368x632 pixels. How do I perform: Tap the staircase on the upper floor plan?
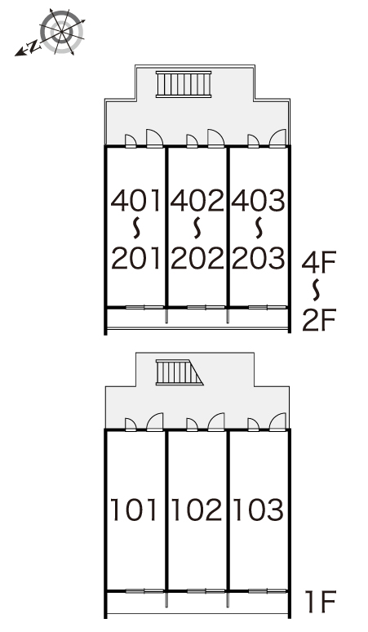pyautogui.click(x=184, y=84)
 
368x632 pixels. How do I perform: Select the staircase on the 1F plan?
pyautogui.click(x=180, y=372)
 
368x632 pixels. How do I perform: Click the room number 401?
pyautogui.click(x=136, y=201)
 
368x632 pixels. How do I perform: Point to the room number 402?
pyautogui.click(x=197, y=201)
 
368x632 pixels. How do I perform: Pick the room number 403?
pyautogui.click(x=258, y=201)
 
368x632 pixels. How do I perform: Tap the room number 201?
pyautogui.click(x=136, y=258)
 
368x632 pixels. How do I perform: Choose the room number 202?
pyautogui.click(x=197, y=258)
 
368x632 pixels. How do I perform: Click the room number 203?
pyautogui.click(x=258, y=258)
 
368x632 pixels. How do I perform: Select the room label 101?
pyautogui.click(x=134, y=510)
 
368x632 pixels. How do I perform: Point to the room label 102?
pyautogui.click(x=196, y=510)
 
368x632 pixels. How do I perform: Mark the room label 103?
pyautogui.click(x=258, y=510)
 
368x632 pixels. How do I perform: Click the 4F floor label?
pyautogui.click(x=319, y=262)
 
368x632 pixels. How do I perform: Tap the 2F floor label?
pyautogui.click(x=319, y=319)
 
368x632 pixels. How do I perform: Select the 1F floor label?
pyautogui.click(x=320, y=602)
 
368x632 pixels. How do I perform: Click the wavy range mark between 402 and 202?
pyautogui.click(x=197, y=228)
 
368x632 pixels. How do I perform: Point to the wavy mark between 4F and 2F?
pyautogui.click(x=317, y=290)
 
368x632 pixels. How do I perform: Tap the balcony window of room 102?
pyautogui.click(x=206, y=591)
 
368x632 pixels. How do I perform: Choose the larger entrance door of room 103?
pyautogui.click(x=277, y=421)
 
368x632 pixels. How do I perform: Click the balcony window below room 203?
pyautogui.click(x=268, y=308)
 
